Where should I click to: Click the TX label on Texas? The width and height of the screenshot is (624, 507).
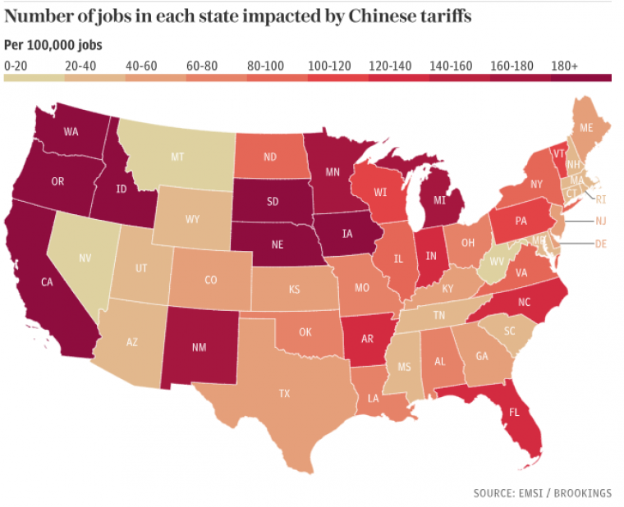(284, 394)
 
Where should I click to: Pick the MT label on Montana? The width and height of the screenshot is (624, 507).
(176, 158)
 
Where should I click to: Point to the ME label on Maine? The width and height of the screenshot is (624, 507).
(586, 129)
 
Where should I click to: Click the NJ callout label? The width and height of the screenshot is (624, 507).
(600, 222)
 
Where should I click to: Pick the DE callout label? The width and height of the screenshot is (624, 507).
(600, 244)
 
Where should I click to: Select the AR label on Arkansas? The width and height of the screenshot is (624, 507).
(367, 339)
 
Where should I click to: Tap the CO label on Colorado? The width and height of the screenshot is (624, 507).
(211, 280)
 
